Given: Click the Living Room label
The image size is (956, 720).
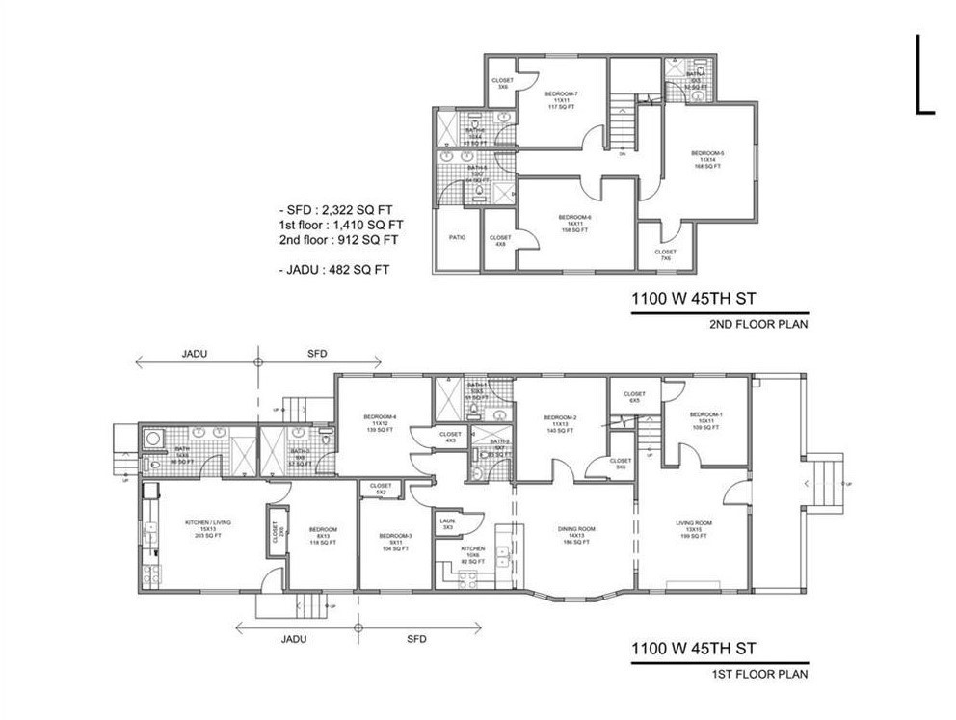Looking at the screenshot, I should point(692,528).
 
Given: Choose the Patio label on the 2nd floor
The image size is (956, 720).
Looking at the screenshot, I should point(458,237).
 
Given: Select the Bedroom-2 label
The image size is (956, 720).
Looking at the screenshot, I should point(561,421).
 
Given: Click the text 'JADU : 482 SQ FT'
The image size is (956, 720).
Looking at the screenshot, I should point(332,270).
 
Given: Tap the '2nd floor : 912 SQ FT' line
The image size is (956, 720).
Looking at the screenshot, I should point(336,239).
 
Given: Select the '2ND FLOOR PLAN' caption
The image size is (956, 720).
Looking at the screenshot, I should point(757,325).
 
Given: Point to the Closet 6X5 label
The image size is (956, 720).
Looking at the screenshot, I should point(634,396).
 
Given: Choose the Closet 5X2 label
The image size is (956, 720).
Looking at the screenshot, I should point(381,489).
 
